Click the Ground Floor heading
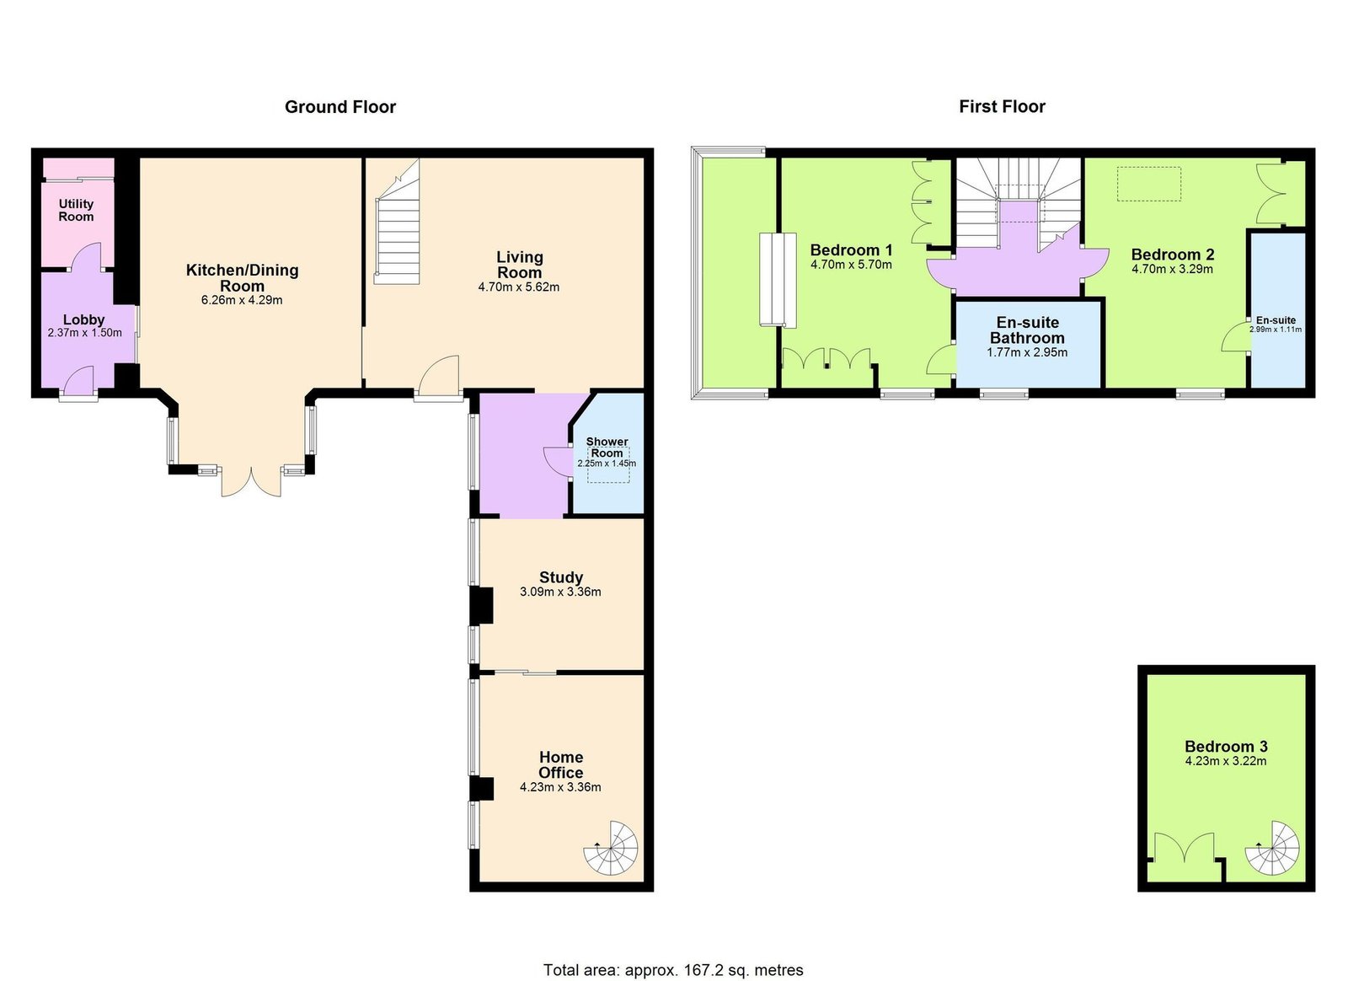coord(340,107)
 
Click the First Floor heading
coord(1002,107)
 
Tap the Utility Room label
coord(76,210)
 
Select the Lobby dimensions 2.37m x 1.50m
coord(84,332)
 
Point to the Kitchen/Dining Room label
coord(242,277)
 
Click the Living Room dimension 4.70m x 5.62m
coord(519,287)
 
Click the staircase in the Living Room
coord(397,222)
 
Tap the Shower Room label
coord(607,448)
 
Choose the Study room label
coord(561,577)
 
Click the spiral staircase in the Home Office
coord(610,847)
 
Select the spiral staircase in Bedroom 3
coord(1271,847)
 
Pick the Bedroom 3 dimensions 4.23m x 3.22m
coord(1226,761)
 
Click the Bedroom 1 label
coord(851,249)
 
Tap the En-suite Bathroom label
coord(1027,330)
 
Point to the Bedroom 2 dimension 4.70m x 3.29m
coord(1172,269)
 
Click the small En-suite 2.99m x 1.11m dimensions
coord(1276,330)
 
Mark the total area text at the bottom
coord(673,952)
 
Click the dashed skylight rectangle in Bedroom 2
coord(1149,184)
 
